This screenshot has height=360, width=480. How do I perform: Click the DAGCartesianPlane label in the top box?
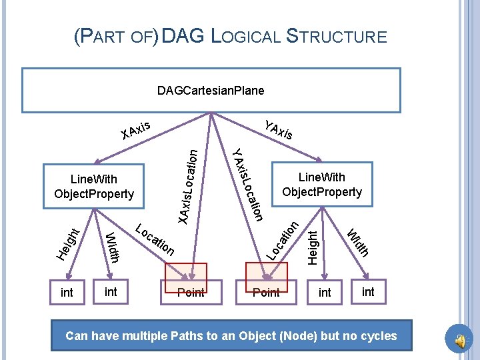(211, 90)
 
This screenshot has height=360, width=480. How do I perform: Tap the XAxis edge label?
(137, 130)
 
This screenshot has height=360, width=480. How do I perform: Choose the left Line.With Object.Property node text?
(94, 187)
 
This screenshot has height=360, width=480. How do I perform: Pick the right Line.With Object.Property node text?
(322, 185)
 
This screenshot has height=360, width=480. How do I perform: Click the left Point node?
(191, 292)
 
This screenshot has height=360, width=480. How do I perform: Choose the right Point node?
(266, 292)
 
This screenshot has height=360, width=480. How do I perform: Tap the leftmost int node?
(67, 293)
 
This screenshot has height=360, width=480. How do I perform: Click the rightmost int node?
(368, 291)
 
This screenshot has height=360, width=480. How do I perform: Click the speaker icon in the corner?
(461, 341)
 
